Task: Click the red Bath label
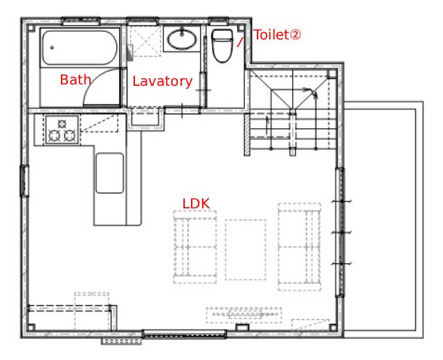75,80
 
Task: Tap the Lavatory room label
163,82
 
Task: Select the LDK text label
196,204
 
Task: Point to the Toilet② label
277,35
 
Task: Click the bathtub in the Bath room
80,48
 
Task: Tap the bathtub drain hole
52,48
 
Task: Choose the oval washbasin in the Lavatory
181,39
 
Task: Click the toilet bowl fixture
222,45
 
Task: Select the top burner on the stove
62,123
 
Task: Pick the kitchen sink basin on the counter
109,173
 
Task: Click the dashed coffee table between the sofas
246,250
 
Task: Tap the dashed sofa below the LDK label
195,247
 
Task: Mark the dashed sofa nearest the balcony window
300,247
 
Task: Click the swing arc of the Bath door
90,82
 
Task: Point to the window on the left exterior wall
24,181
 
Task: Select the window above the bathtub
81,21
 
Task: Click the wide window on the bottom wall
184,334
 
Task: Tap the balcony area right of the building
383,219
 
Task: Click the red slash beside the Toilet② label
239,42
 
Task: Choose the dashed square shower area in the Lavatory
145,41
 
